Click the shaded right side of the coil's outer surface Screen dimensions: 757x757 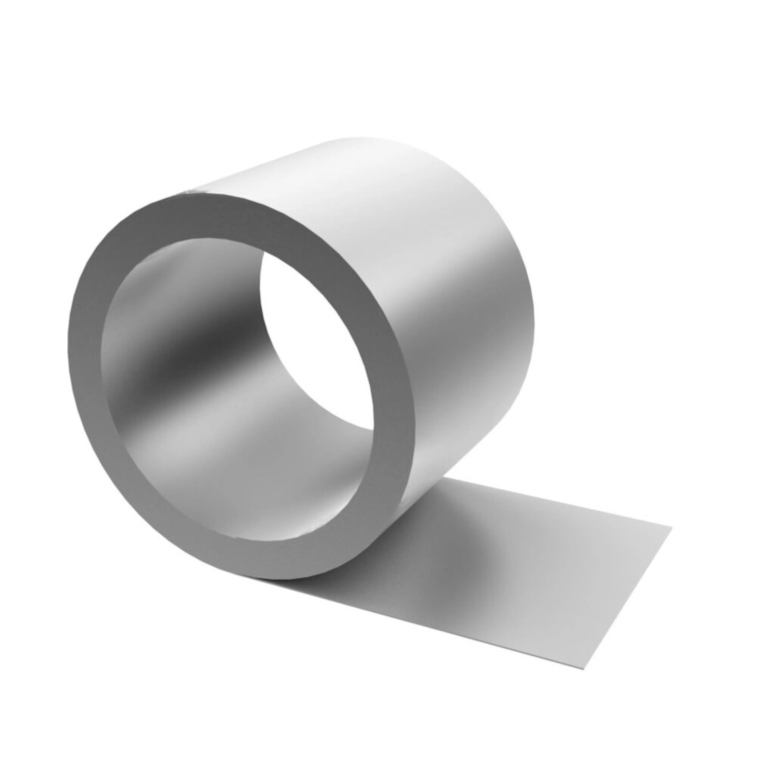click(x=490, y=372)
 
